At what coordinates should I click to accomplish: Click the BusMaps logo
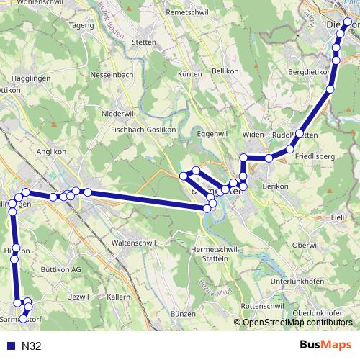click(x=326, y=346)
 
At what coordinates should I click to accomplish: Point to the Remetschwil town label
click(x=167, y=13)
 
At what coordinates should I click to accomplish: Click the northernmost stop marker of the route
click(x=348, y=22)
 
